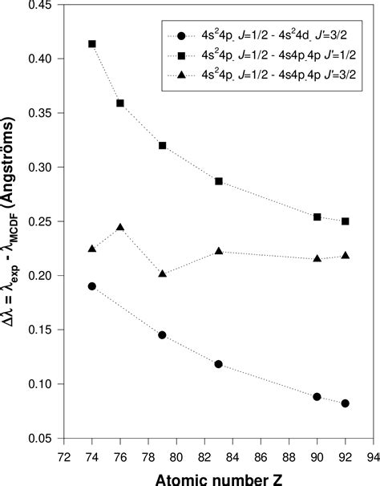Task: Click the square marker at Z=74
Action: (92, 44)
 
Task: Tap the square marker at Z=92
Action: (345, 221)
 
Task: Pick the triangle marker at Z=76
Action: (120, 228)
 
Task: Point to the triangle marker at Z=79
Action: (163, 273)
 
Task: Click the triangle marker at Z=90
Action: (317, 258)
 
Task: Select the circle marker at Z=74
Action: (92, 286)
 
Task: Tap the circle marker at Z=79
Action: (163, 334)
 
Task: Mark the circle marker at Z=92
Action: (345, 403)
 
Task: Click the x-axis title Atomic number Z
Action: (218, 476)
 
